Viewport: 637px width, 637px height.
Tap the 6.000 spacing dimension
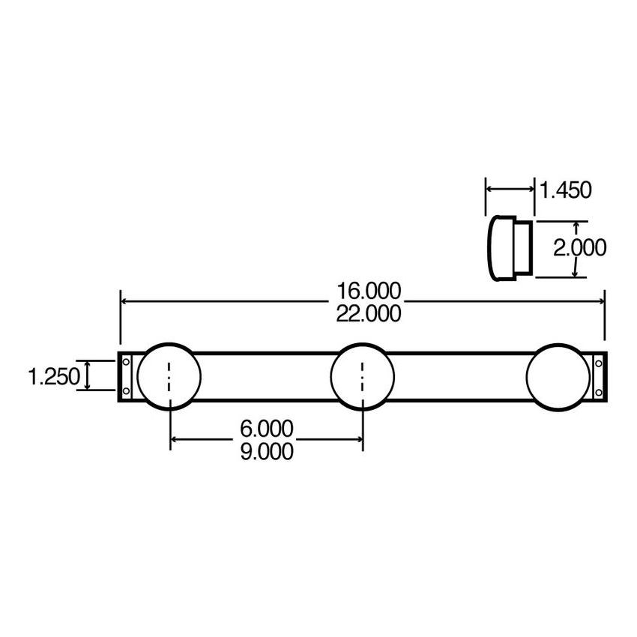[x=266, y=428]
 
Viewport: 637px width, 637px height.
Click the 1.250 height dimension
[x=52, y=375]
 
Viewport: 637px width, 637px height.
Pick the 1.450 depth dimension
[x=566, y=190]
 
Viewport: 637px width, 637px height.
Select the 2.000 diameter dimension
[x=579, y=247]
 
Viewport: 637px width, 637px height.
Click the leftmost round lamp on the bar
[x=170, y=375]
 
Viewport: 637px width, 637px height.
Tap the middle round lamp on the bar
[x=363, y=375]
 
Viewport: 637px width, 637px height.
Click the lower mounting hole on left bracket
[x=126, y=390]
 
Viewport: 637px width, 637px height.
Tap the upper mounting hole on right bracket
[x=598, y=363]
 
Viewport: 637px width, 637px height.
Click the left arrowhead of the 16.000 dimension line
[x=124, y=301]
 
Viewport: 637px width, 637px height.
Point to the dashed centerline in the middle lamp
[x=363, y=375]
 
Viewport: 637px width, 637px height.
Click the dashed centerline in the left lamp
[x=170, y=375]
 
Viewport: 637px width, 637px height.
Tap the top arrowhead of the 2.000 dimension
[x=576, y=224]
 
